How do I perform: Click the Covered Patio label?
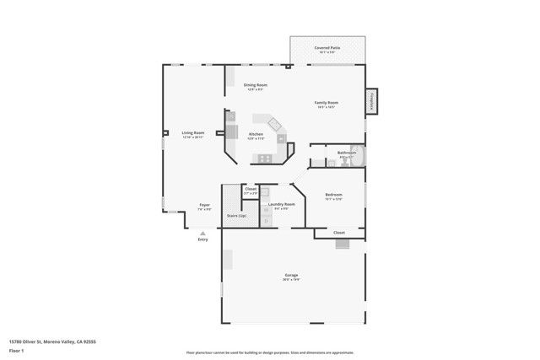click(x=327, y=48)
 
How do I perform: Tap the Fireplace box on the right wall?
click(x=370, y=100)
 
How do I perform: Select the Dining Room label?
click(x=256, y=85)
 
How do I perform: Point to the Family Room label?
click(x=327, y=103)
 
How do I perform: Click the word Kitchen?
click(x=256, y=135)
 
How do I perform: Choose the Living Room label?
click(x=193, y=132)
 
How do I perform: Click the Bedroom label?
click(x=333, y=195)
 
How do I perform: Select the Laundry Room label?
click(x=281, y=204)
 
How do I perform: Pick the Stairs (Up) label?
click(x=237, y=217)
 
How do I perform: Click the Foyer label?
click(x=204, y=205)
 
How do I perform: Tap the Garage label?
click(x=291, y=276)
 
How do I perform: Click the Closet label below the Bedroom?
click(x=338, y=232)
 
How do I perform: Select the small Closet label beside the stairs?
click(x=251, y=190)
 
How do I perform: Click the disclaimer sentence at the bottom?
click(x=269, y=352)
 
